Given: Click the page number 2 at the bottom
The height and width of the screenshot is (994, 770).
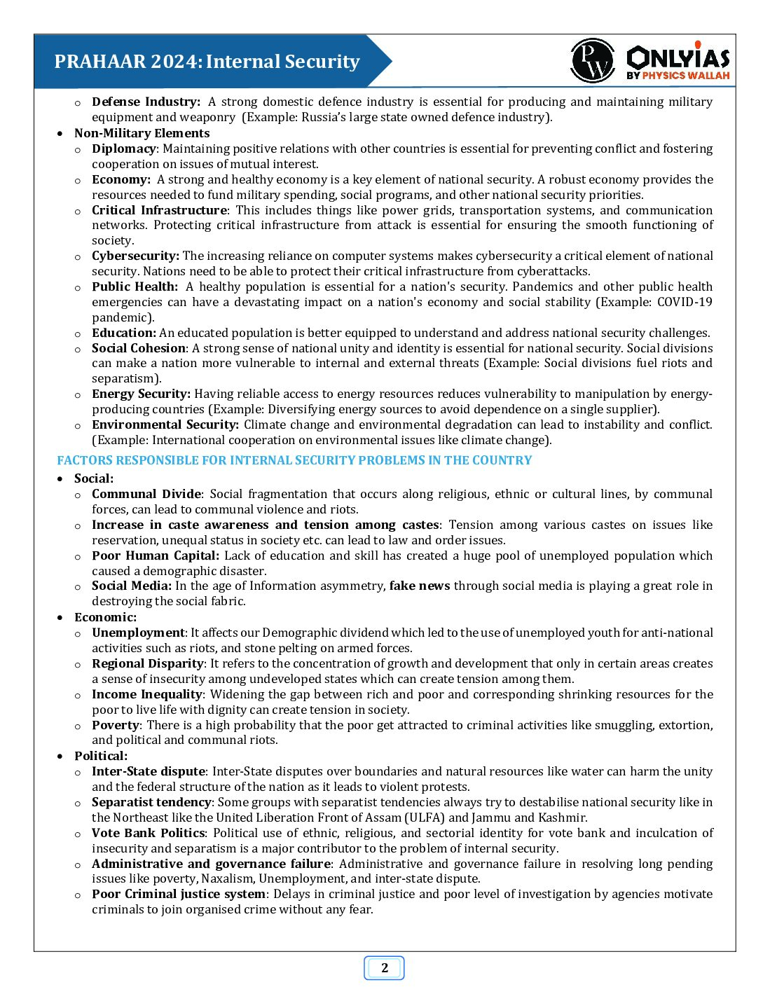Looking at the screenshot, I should click(x=384, y=968).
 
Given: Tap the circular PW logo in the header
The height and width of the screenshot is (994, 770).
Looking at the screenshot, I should click(x=592, y=62).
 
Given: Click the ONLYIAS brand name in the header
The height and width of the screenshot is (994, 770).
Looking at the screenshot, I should click(x=678, y=56).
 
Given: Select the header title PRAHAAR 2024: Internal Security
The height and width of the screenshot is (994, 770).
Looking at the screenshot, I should click(x=207, y=62).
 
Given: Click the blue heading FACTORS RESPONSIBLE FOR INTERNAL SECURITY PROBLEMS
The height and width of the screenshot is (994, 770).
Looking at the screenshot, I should click(x=294, y=460).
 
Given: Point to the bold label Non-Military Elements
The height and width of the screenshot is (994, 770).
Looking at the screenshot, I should click(x=142, y=133).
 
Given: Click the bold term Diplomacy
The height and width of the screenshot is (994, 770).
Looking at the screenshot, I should click(x=124, y=149).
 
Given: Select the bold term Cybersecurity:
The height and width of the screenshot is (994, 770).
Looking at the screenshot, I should click(x=135, y=256).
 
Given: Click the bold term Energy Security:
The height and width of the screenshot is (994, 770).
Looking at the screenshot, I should click(x=141, y=394).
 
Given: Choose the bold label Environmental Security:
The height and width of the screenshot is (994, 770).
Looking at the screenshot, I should click(x=165, y=424).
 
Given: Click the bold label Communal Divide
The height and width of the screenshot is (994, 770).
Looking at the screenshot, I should click(x=146, y=494).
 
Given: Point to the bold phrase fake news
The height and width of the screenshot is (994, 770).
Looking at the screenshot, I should click(x=420, y=586).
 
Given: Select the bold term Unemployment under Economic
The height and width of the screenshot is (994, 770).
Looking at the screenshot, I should click(x=138, y=633).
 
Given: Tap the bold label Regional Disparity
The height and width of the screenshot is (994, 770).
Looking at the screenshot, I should click(x=148, y=663).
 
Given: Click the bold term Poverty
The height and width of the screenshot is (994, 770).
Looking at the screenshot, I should click(x=116, y=725).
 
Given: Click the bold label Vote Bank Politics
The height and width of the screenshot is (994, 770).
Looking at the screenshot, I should click(x=149, y=833).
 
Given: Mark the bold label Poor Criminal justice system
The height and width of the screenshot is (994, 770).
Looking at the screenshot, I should click(x=179, y=894).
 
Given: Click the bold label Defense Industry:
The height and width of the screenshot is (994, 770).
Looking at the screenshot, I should click(x=146, y=102).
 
